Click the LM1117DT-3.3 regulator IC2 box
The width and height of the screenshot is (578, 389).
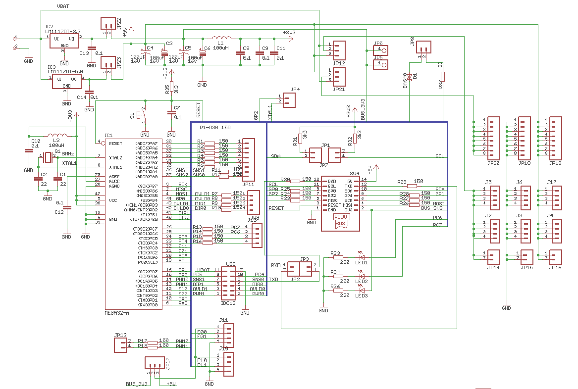(x=65, y=41)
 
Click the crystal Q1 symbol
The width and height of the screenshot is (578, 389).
(x=48, y=157)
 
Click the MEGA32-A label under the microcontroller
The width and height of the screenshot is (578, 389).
(x=117, y=313)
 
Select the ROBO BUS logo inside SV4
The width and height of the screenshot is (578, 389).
(x=341, y=220)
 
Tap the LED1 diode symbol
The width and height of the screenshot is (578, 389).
(x=362, y=257)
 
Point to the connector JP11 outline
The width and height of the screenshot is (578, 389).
(x=248, y=160)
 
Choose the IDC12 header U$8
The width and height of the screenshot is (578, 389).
(x=228, y=283)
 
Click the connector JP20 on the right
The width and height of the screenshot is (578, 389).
(x=494, y=137)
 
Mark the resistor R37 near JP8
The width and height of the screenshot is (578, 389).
(x=443, y=77)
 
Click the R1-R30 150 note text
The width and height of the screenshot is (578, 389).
(x=215, y=128)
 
